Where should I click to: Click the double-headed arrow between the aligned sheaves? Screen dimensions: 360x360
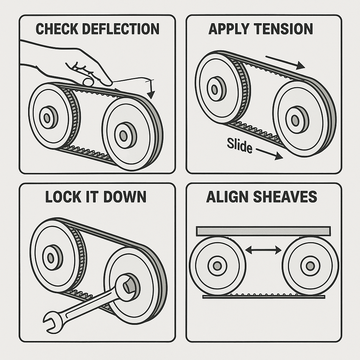click(x=263, y=250)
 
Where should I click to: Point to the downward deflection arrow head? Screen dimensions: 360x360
click(x=151, y=95)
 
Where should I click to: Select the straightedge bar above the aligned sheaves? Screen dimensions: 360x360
click(x=263, y=231)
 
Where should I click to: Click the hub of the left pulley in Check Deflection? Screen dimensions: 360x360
click(x=48, y=118)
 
